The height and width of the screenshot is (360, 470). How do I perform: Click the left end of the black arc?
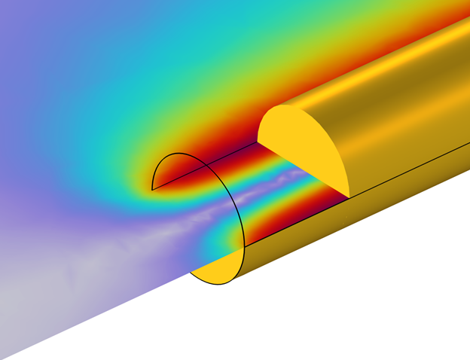(152, 190)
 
